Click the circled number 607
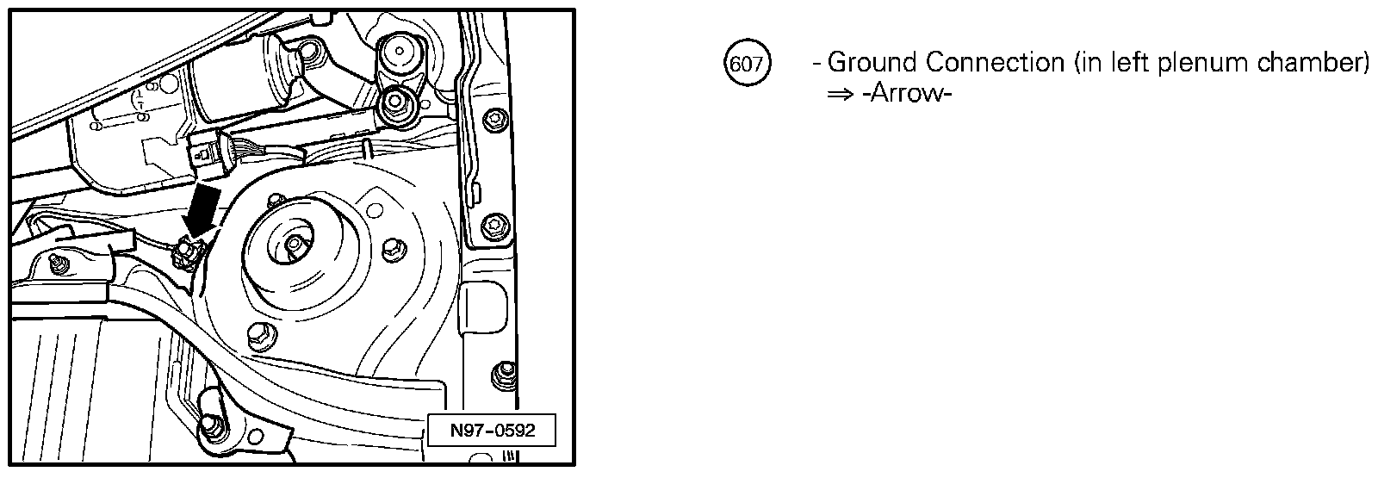[x=747, y=63]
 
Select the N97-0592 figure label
[x=492, y=431]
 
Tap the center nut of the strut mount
[x=295, y=245]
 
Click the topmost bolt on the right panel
[x=493, y=118]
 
